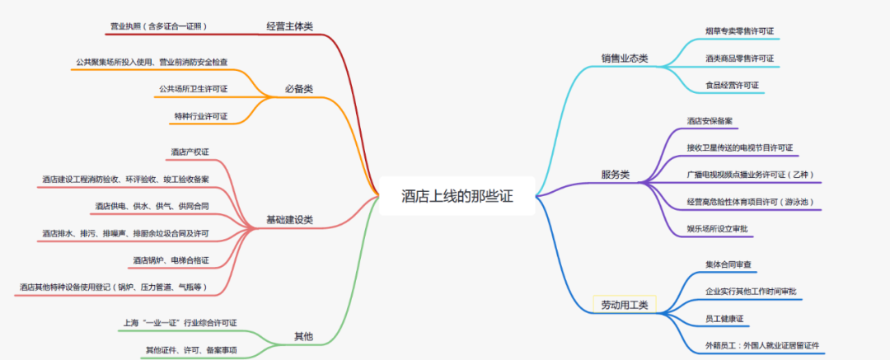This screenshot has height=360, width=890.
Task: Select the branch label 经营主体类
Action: click(289, 26)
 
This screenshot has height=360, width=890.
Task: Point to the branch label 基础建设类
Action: click(289, 220)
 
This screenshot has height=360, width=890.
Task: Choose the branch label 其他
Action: click(303, 336)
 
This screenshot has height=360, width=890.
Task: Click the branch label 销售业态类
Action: click(625, 58)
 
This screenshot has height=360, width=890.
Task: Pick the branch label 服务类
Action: click(615, 175)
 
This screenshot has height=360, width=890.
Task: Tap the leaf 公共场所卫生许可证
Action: click(193, 89)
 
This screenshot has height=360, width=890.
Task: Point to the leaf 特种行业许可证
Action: click(200, 116)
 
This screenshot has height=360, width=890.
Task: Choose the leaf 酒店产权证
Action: click(190, 152)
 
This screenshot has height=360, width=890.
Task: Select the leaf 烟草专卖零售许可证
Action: click(739, 31)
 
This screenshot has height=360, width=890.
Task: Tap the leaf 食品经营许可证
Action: click(732, 86)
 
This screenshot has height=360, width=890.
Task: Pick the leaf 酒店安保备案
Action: click(710, 121)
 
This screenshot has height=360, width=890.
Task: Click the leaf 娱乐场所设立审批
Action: click(719, 228)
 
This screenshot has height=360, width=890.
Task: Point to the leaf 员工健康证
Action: click(724, 318)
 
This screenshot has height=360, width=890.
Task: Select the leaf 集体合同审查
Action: click(728, 264)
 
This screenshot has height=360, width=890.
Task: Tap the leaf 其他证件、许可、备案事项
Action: click(191, 350)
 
